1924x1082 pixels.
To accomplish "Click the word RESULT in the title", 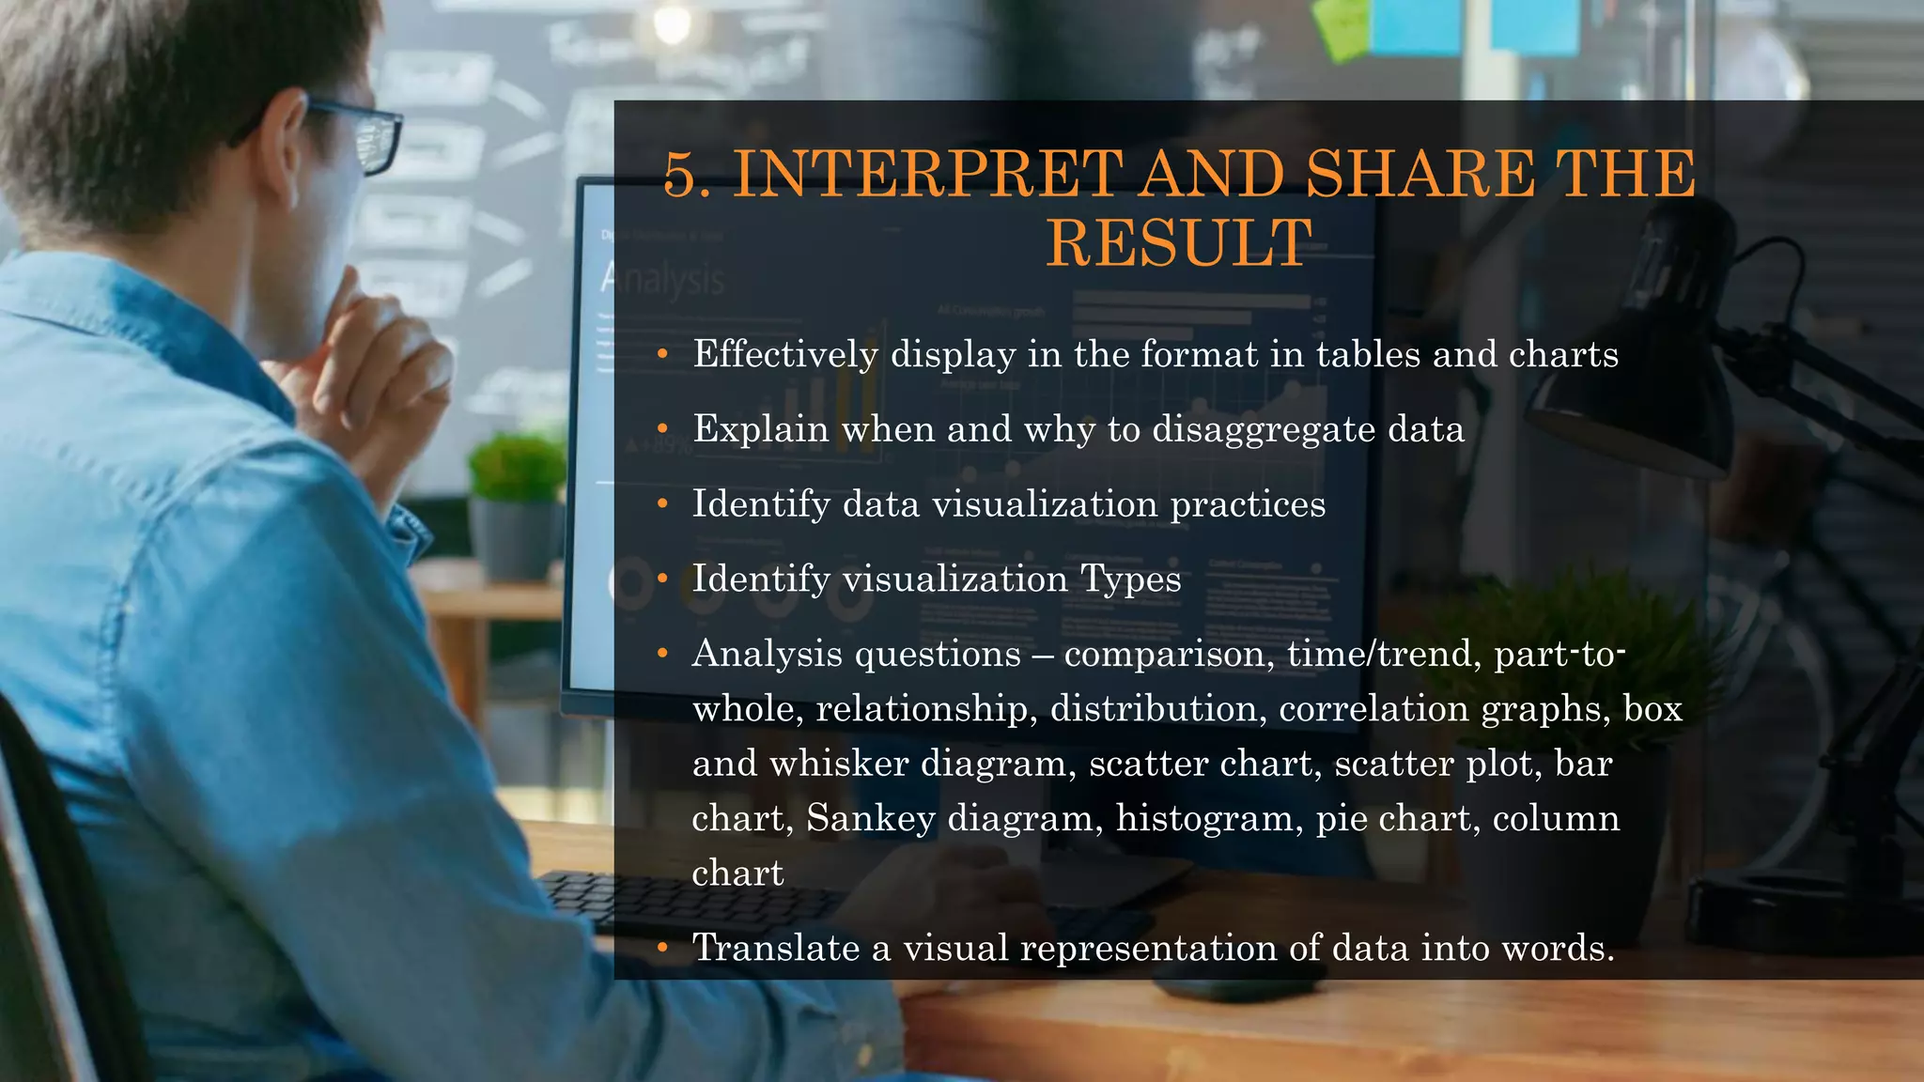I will point(1179,243).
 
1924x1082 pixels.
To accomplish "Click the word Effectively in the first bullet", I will point(785,354).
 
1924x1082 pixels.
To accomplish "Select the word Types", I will point(1130,579).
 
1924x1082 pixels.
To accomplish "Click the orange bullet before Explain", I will point(662,429).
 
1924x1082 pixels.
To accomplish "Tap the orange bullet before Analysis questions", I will point(662,654).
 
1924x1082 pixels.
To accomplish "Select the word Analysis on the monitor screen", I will point(662,279).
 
